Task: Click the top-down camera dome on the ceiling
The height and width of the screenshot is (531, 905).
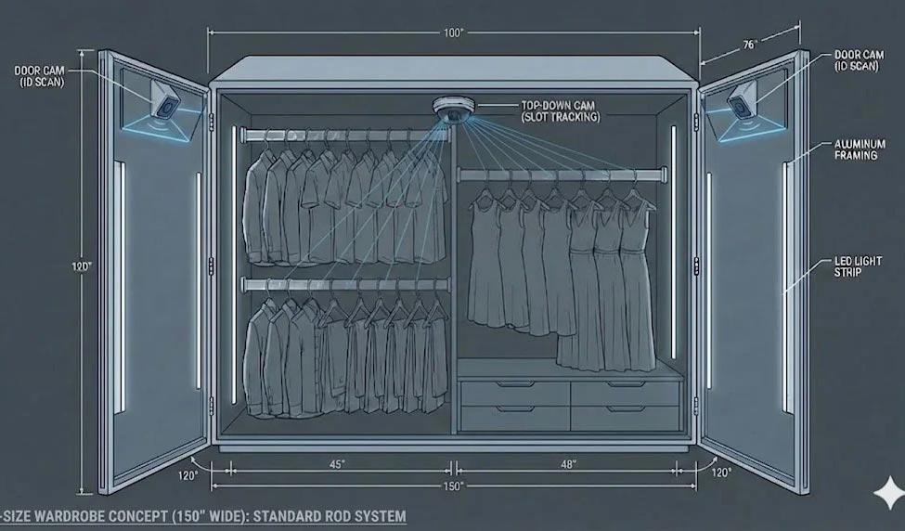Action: tap(454, 110)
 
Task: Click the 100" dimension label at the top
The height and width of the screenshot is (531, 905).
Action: tap(454, 32)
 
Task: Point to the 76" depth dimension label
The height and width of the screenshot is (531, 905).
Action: tap(749, 45)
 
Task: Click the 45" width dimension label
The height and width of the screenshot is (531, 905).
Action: tap(337, 464)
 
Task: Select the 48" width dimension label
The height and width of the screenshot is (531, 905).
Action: tap(568, 464)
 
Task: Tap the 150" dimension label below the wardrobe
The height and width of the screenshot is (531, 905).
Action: tap(454, 486)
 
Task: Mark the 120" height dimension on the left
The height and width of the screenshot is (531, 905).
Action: tap(82, 266)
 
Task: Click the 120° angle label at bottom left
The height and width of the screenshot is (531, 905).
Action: tap(187, 475)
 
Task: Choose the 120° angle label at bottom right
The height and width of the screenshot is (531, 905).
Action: tap(721, 473)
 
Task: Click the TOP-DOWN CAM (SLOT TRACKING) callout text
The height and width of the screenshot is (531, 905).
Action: tap(561, 111)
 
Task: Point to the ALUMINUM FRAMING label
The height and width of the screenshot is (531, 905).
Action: tap(860, 149)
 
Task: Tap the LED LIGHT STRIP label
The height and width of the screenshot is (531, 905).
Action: tap(858, 266)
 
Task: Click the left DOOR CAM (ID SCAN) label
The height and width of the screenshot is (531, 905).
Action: tap(40, 76)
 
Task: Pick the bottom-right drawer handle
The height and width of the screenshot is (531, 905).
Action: tap(626, 408)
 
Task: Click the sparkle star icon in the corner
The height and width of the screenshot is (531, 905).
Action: tap(889, 493)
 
